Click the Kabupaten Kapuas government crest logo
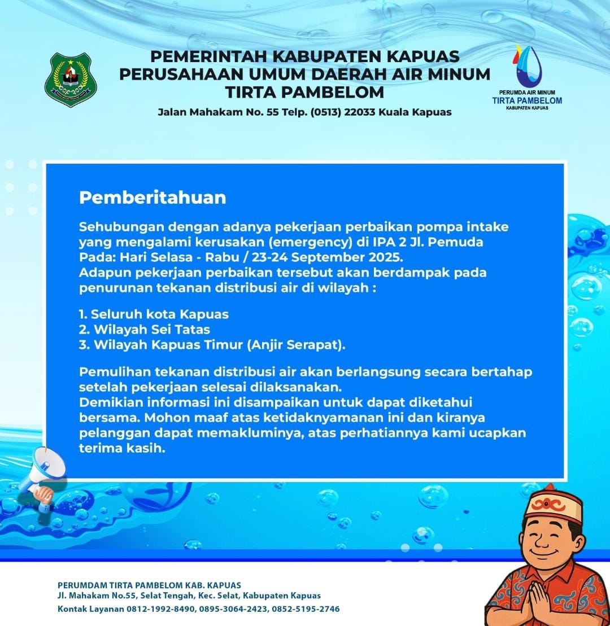pos(71,80)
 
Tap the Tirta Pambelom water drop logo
pos(526,64)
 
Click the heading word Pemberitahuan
pos(152,198)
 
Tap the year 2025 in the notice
pos(390,257)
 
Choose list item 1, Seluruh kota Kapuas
pos(154,314)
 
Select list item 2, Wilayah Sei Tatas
pos(145,329)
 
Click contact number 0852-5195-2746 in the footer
pos(306,610)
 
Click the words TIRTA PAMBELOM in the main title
pos(304,91)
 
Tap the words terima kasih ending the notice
pos(122,449)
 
